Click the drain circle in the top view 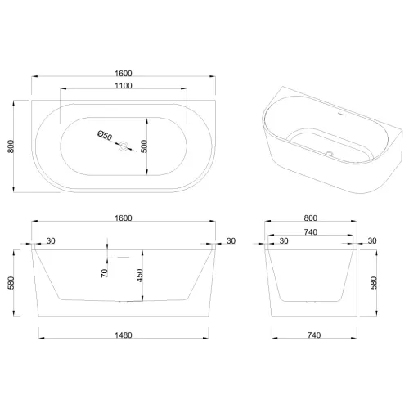coord(123,147)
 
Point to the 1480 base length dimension coord(123,335)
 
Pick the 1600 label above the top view coord(123,74)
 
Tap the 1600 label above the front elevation coord(123,218)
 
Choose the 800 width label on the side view coord(311,218)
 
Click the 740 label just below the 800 coord(311,231)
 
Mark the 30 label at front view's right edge coord(230,240)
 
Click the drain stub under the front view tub coord(123,302)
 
